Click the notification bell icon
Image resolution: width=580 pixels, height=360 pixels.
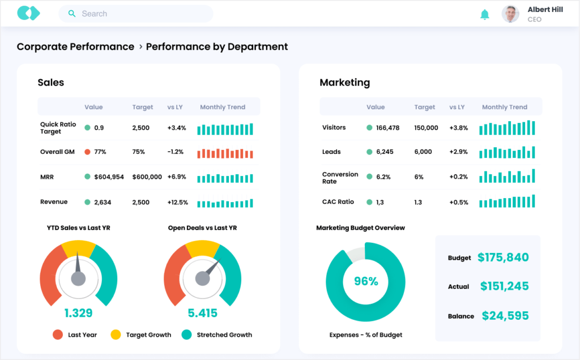click(x=484, y=14)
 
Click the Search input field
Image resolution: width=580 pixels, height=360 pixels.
click(x=136, y=14)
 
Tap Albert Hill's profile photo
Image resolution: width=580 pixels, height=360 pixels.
click(x=510, y=14)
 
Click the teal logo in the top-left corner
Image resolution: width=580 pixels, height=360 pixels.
click(x=28, y=13)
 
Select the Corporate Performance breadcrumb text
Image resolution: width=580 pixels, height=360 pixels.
click(x=75, y=46)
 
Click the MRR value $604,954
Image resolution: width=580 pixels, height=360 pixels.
click(x=109, y=177)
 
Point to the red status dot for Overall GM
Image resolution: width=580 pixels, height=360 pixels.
click(x=87, y=152)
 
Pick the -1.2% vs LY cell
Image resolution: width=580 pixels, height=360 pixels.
click(x=176, y=152)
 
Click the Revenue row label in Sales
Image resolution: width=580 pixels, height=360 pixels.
click(x=54, y=202)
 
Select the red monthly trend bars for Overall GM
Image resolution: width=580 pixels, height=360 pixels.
click(x=225, y=153)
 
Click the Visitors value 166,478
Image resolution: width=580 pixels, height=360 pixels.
click(x=387, y=127)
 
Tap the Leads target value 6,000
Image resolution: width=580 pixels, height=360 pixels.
click(x=423, y=152)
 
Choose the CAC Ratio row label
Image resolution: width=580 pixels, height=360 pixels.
click(x=338, y=202)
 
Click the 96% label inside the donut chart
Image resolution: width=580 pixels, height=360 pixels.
click(x=366, y=281)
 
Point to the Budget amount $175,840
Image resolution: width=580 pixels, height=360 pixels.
click(x=503, y=258)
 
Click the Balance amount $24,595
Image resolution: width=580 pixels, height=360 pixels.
click(x=505, y=316)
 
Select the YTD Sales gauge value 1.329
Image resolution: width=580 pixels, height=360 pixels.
click(x=78, y=313)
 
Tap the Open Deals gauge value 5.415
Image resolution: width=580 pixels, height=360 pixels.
click(x=203, y=313)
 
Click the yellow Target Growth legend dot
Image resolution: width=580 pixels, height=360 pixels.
click(x=116, y=335)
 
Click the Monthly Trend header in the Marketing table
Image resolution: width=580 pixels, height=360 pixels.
click(x=504, y=107)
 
